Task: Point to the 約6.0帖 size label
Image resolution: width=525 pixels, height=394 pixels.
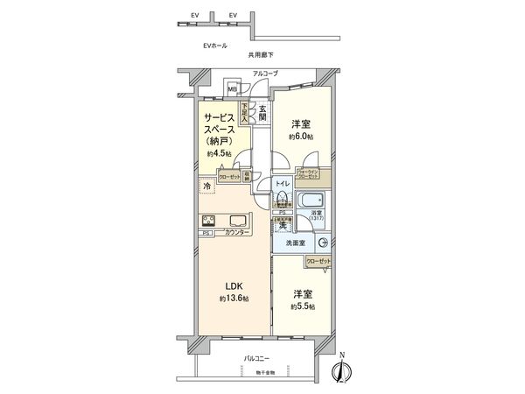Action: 302,137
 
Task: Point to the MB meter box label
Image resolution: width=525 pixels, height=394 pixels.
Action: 233,89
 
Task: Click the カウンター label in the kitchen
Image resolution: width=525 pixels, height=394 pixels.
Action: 234,234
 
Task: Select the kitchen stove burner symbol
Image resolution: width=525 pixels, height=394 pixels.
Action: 209,220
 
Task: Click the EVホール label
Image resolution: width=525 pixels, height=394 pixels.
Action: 215,44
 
